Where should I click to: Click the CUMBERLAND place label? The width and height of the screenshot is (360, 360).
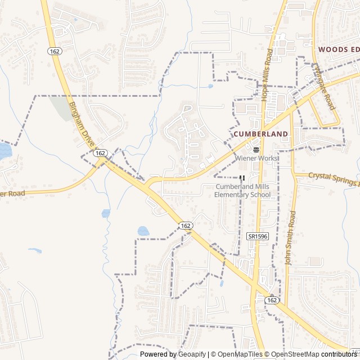coord(260,134)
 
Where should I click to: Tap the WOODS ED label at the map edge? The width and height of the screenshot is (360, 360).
coord(338,49)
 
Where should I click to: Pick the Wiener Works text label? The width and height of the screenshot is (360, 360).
coord(256,159)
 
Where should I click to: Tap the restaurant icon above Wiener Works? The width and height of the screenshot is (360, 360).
coord(256,150)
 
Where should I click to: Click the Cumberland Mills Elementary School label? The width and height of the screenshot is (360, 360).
coord(242,191)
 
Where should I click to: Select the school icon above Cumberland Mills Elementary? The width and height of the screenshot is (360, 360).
coord(242,178)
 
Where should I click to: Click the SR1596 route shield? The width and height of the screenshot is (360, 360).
coord(257,236)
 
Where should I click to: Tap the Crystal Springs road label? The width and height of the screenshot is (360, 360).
coord(332,178)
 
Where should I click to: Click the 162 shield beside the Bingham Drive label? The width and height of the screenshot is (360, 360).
coord(101,153)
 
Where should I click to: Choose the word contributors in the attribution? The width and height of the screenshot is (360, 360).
coord(339,354)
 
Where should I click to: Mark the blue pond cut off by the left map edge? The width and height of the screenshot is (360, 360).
coord(4,150)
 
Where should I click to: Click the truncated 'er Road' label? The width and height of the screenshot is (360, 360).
coord(13,194)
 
